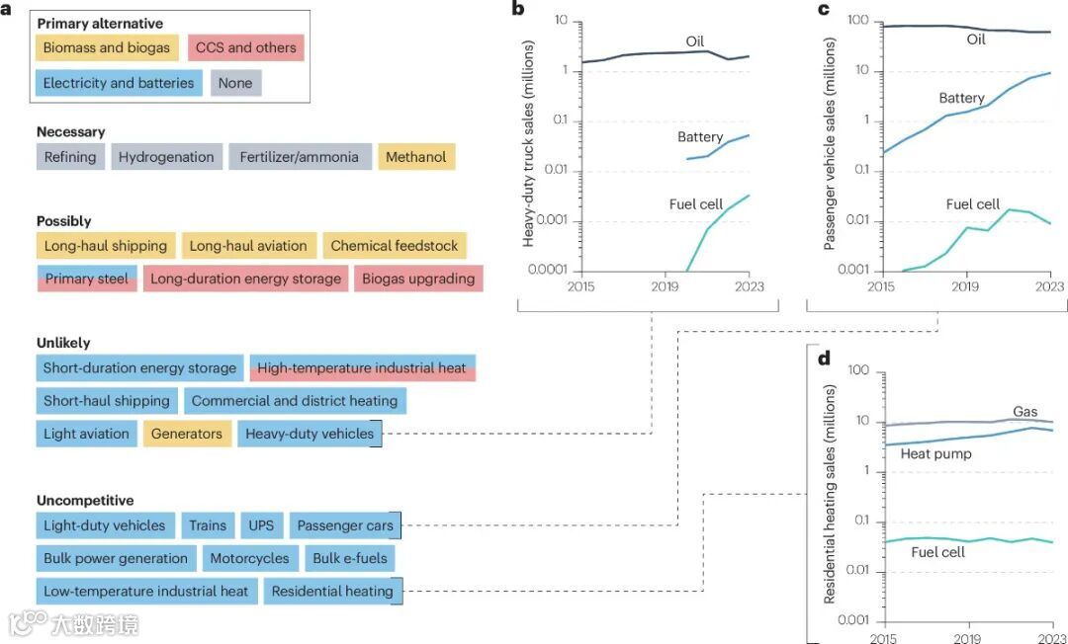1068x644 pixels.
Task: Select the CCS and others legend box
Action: click(x=245, y=47)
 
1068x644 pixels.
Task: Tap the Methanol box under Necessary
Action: click(x=415, y=157)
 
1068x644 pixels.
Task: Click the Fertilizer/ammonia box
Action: click(x=300, y=157)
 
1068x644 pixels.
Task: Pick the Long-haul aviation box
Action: click(x=248, y=246)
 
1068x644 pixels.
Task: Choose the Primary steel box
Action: click(x=87, y=279)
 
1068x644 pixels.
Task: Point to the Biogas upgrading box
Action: click(x=417, y=279)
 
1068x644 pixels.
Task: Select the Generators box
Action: click(x=187, y=434)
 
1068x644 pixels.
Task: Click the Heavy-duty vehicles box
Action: click(x=310, y=434)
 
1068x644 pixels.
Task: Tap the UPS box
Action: click(x=262, y=526)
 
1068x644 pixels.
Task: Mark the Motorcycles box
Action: click(x=249, y=558)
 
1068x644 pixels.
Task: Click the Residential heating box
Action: click(x=332, y=592)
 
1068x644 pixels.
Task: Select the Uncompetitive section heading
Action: click(x=84, y=501)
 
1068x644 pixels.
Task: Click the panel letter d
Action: click(x=824, y=358)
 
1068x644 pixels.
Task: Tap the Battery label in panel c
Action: click(x=961, y=98)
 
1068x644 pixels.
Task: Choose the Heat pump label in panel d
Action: click(x=935, y=454)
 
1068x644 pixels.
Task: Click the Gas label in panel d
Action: click(x=1025, y=411)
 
